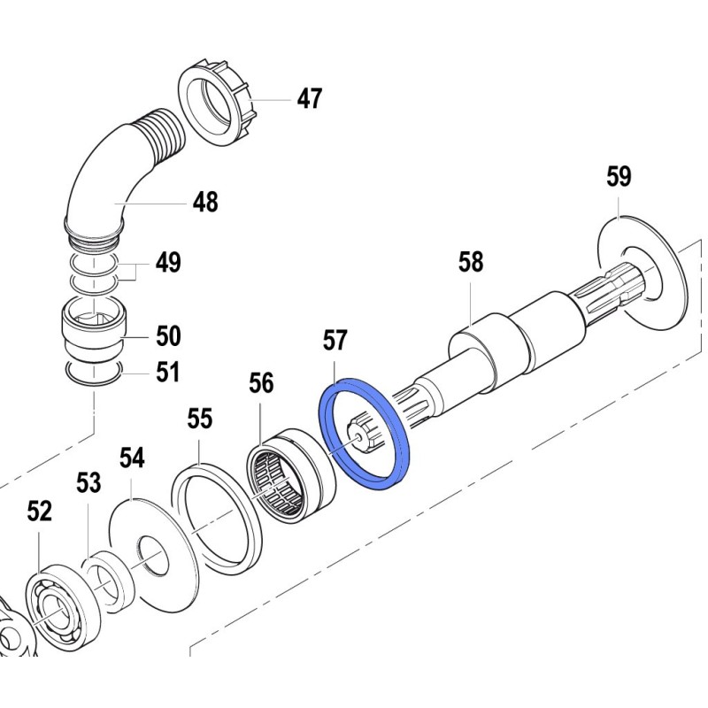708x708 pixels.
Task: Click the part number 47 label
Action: coord(309,99)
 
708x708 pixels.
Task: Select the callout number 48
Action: coord(204,203)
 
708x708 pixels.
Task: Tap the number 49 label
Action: coord(167,263)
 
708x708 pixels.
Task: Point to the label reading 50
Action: coord(167,336)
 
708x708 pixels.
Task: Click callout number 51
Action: coord(167,372)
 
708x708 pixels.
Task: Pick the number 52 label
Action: coord(40,511)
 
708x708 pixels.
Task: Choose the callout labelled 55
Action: coord(201,419)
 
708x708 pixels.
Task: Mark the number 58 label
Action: coord(471,262)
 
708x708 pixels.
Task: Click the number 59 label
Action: coord(619,177)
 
